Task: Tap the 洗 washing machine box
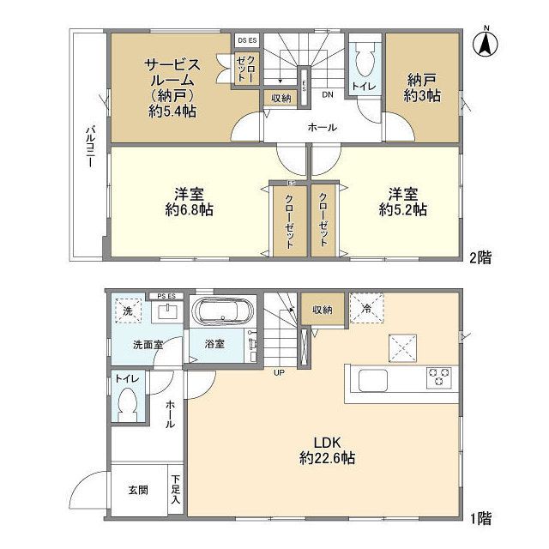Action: tap(127, 311)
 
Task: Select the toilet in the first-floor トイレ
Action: tap(129, 402)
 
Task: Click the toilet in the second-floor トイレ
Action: tap(366, 60)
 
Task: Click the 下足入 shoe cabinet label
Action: tap(175, 489)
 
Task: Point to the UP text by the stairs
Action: tap(280, 372)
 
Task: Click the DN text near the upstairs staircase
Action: tap(327, 95)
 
